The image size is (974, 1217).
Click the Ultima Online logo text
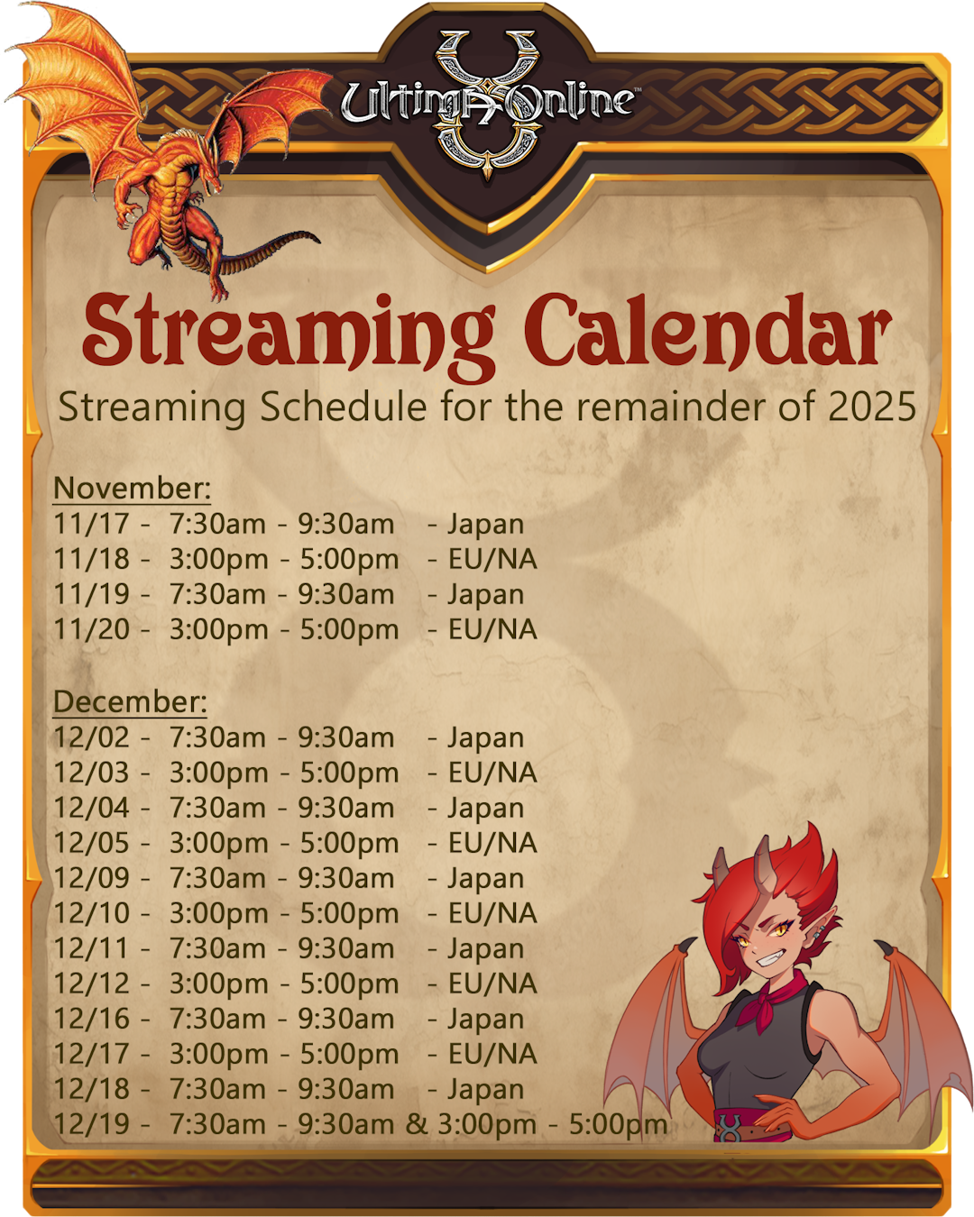(x=487, y=103)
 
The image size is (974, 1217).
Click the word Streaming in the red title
(x=289, y=334)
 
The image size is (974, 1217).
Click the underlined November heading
(x=132, y=488)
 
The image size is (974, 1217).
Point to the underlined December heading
(x=130, y=702)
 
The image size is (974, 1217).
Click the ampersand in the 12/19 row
(x=417, y=1123)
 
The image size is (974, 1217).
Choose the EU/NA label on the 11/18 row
(x=492, y=559)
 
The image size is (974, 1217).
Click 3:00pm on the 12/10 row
(x=218, y=914)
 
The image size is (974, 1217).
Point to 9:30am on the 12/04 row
(x=346, y=808)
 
